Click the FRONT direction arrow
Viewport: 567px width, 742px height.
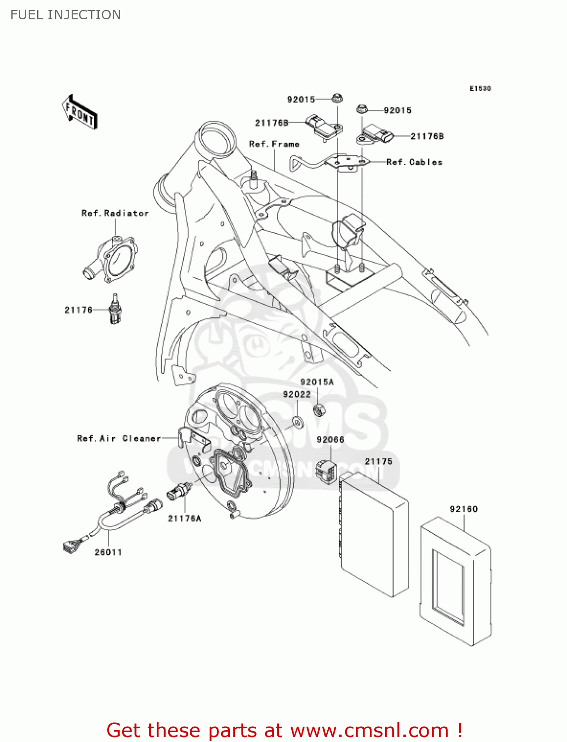point(80,112)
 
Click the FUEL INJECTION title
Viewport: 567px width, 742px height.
point(66,15)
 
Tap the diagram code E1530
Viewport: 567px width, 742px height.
point(480,89)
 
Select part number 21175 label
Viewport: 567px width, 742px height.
point(378,461)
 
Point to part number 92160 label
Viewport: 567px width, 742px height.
point(464,509)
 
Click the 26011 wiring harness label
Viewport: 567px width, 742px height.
point(108,552)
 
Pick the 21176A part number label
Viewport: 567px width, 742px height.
point(184,518)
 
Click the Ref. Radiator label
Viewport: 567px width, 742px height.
point(115,213)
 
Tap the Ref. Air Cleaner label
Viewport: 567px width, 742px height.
point(119,438)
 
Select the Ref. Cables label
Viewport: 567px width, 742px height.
point(414,162)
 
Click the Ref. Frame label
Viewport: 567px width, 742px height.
point(274,144)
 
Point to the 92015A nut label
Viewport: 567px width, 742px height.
point(317,382)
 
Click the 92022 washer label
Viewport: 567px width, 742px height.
point(297,394)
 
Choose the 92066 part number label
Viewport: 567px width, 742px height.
point(330,440)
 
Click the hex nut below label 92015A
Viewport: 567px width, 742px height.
point(319,409)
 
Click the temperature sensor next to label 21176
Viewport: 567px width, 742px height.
point(115,310)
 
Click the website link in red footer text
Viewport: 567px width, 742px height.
point(369,731)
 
